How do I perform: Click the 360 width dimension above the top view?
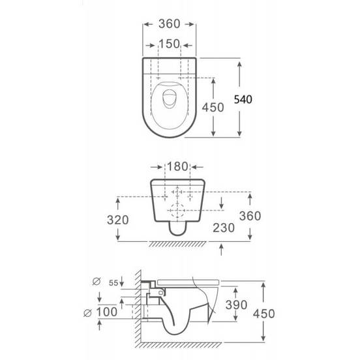click(169, 24)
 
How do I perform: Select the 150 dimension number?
click(169, 44)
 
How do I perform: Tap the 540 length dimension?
click(243, 99)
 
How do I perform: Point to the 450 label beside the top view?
click(213, 108)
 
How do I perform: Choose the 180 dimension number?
click(177, 166)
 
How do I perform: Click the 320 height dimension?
click(118, 220)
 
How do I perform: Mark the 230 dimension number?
click(224, 228)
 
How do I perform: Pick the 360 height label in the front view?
click(250, 216)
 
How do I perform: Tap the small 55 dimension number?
click(113, 283)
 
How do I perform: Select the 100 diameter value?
click(107, 312)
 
